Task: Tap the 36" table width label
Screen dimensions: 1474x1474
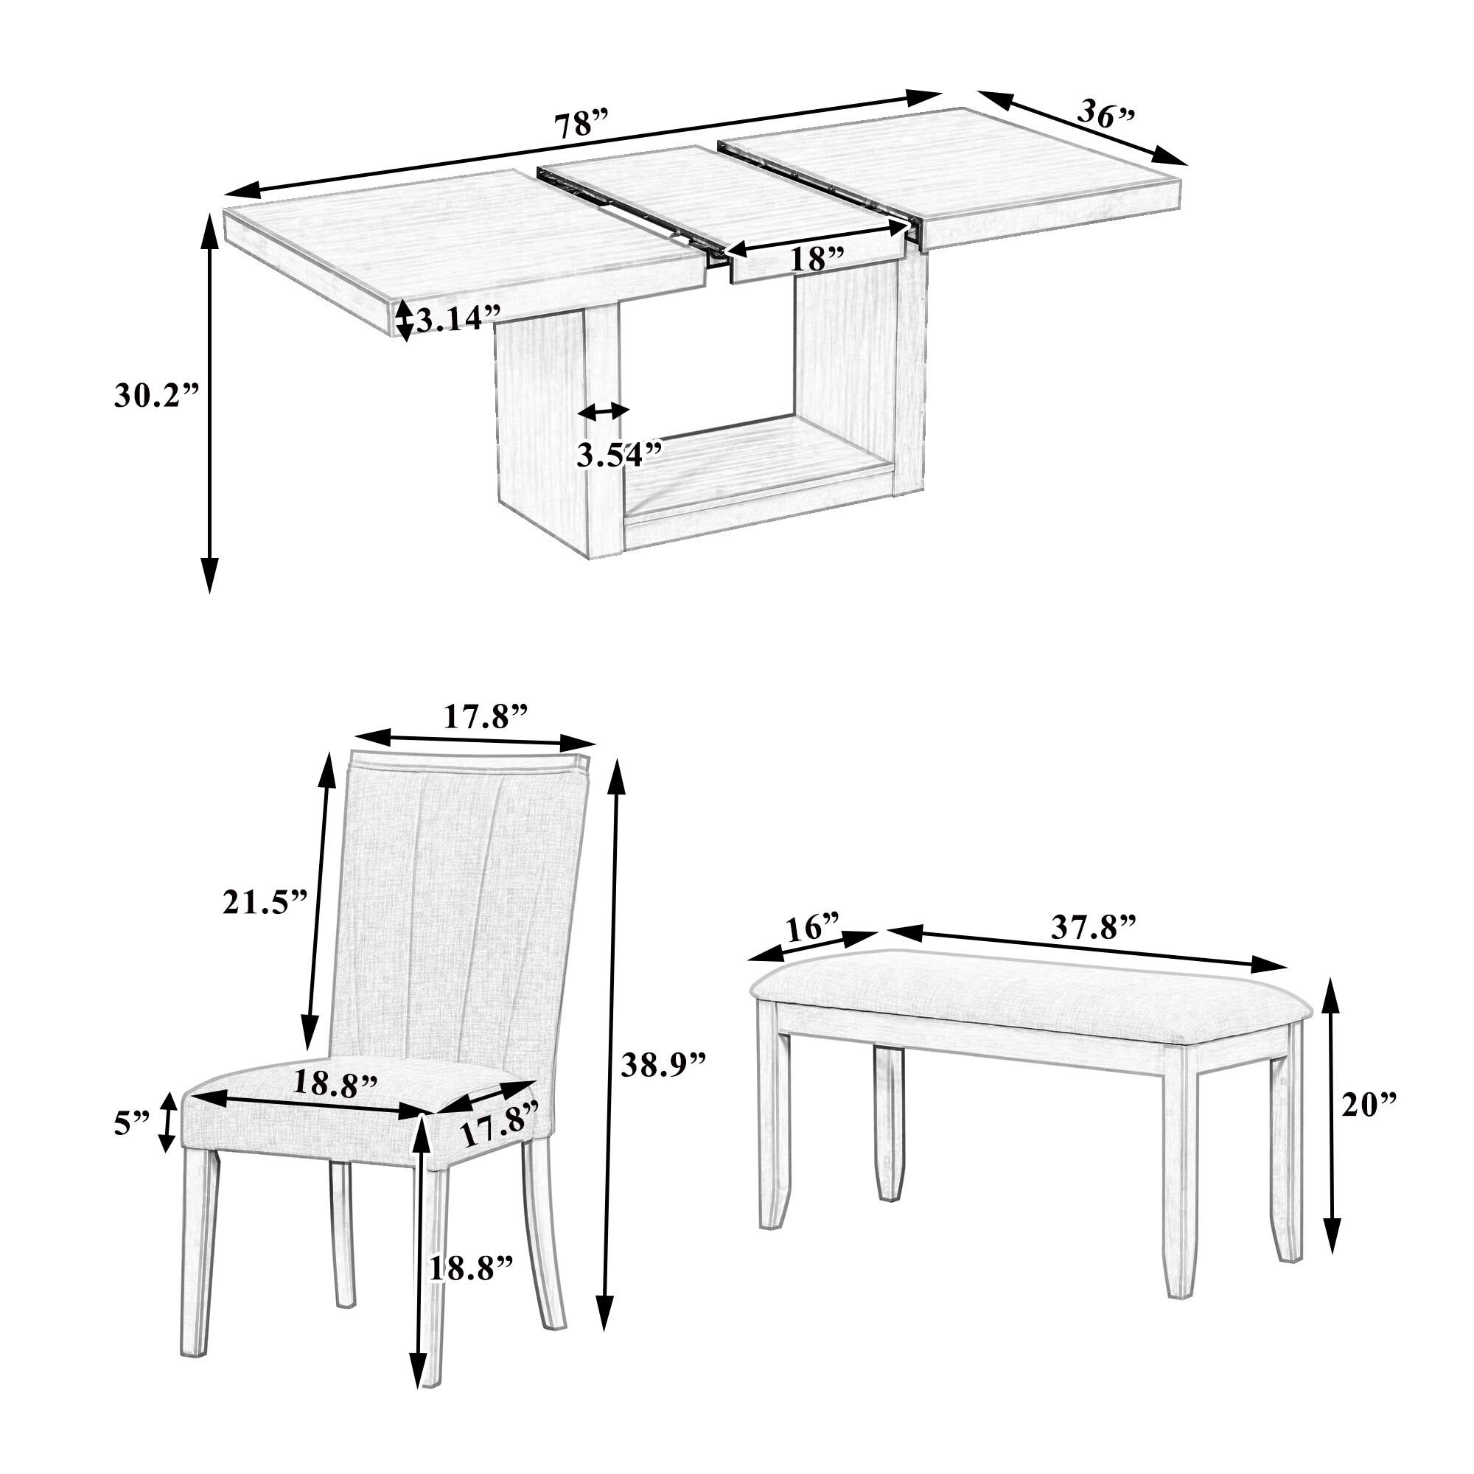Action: coord(1106,113)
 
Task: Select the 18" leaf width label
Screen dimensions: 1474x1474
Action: coord(817,259)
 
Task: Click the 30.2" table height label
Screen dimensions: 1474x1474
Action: coord(156,396)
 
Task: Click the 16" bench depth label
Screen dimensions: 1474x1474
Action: coord(811,929)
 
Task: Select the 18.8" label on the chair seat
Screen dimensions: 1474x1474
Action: coord(335,1084)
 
